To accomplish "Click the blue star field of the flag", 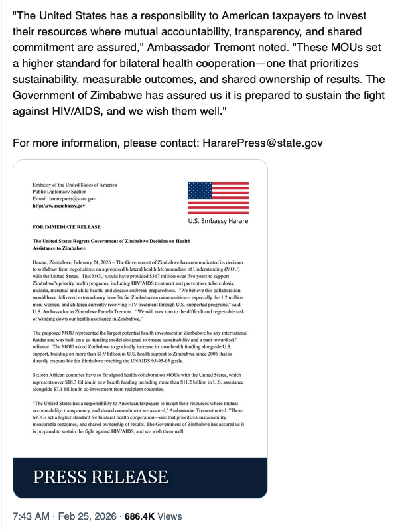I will point(200,190).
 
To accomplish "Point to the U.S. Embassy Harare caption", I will point(218,220).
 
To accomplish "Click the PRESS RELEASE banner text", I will point(101,476).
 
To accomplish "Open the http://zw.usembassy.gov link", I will point(59,206).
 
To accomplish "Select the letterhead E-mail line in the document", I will point(64,198).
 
